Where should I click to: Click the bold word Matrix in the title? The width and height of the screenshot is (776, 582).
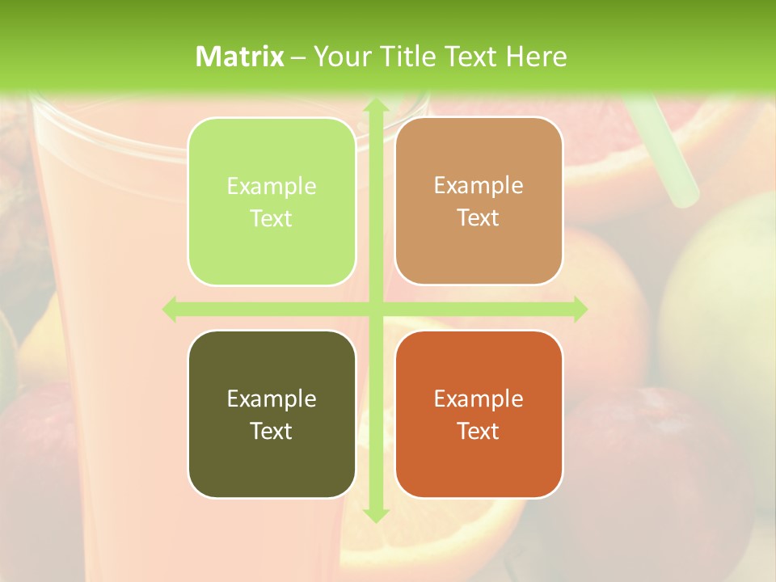(240, 56)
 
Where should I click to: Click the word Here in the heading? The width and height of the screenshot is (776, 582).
(536, 56)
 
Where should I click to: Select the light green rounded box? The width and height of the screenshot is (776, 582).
(272, 201)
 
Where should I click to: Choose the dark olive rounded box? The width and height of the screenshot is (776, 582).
(272, 414)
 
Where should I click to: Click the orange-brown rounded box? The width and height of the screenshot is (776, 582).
(479, 414)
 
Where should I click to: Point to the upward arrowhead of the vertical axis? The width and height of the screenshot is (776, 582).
(375, 106)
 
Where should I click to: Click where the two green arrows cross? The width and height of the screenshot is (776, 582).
(375, 310)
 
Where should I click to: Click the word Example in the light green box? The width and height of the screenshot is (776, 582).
(272, 187)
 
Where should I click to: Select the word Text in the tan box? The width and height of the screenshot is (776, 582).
(479, 217)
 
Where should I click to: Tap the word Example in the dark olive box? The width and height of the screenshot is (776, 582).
(272, 399)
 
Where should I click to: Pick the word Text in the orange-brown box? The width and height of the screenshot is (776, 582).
(479, 431)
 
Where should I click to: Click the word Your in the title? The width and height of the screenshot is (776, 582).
(340, 56)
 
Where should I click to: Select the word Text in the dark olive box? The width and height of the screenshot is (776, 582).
(272, 431)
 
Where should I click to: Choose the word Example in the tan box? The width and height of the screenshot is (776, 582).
(479, 186)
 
